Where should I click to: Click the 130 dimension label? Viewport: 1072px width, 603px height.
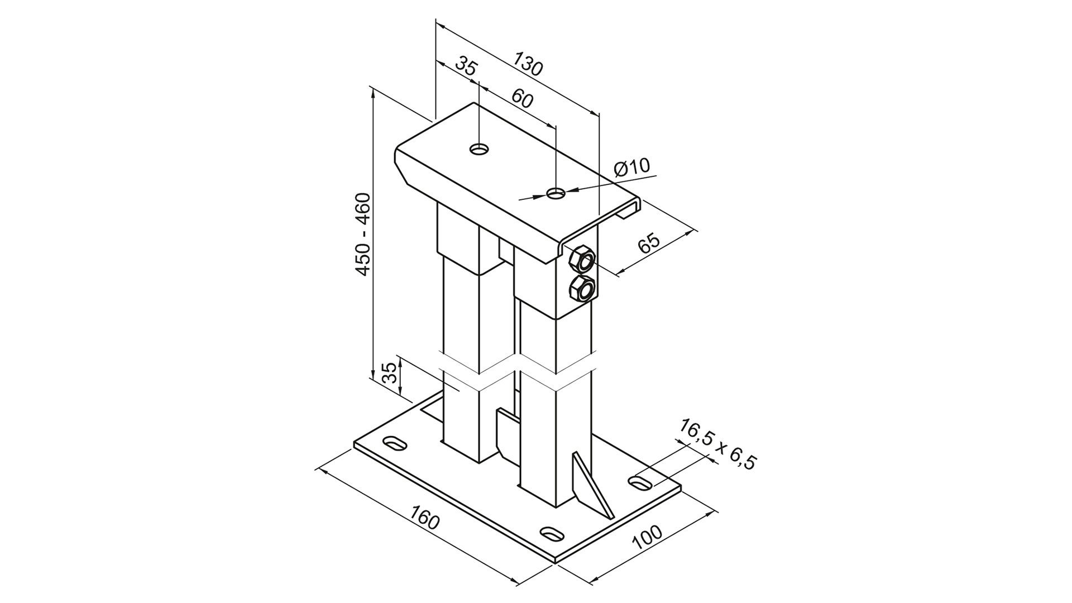[528, 64]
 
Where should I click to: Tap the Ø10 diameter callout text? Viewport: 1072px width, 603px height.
[632, 167]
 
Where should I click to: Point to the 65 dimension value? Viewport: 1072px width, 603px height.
[649, 243]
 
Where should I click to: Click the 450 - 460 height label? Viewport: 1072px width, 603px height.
[363, 234]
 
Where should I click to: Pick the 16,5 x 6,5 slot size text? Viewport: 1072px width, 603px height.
[717, 445]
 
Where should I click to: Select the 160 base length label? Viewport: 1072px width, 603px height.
[425, 518]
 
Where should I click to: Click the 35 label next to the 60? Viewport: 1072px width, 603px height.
[466, 66]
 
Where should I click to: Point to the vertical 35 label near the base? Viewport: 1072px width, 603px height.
[391, 372]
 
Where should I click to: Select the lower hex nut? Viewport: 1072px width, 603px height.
[582, 289]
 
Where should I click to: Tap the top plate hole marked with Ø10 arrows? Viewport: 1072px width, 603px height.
[556, 193]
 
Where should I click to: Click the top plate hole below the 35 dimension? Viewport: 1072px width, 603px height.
[479, 149]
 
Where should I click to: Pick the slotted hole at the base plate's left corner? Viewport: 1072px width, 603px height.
[395, 442]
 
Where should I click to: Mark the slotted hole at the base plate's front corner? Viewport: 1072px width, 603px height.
[552, 532]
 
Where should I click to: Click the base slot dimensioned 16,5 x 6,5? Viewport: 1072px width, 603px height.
[641, 482]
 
